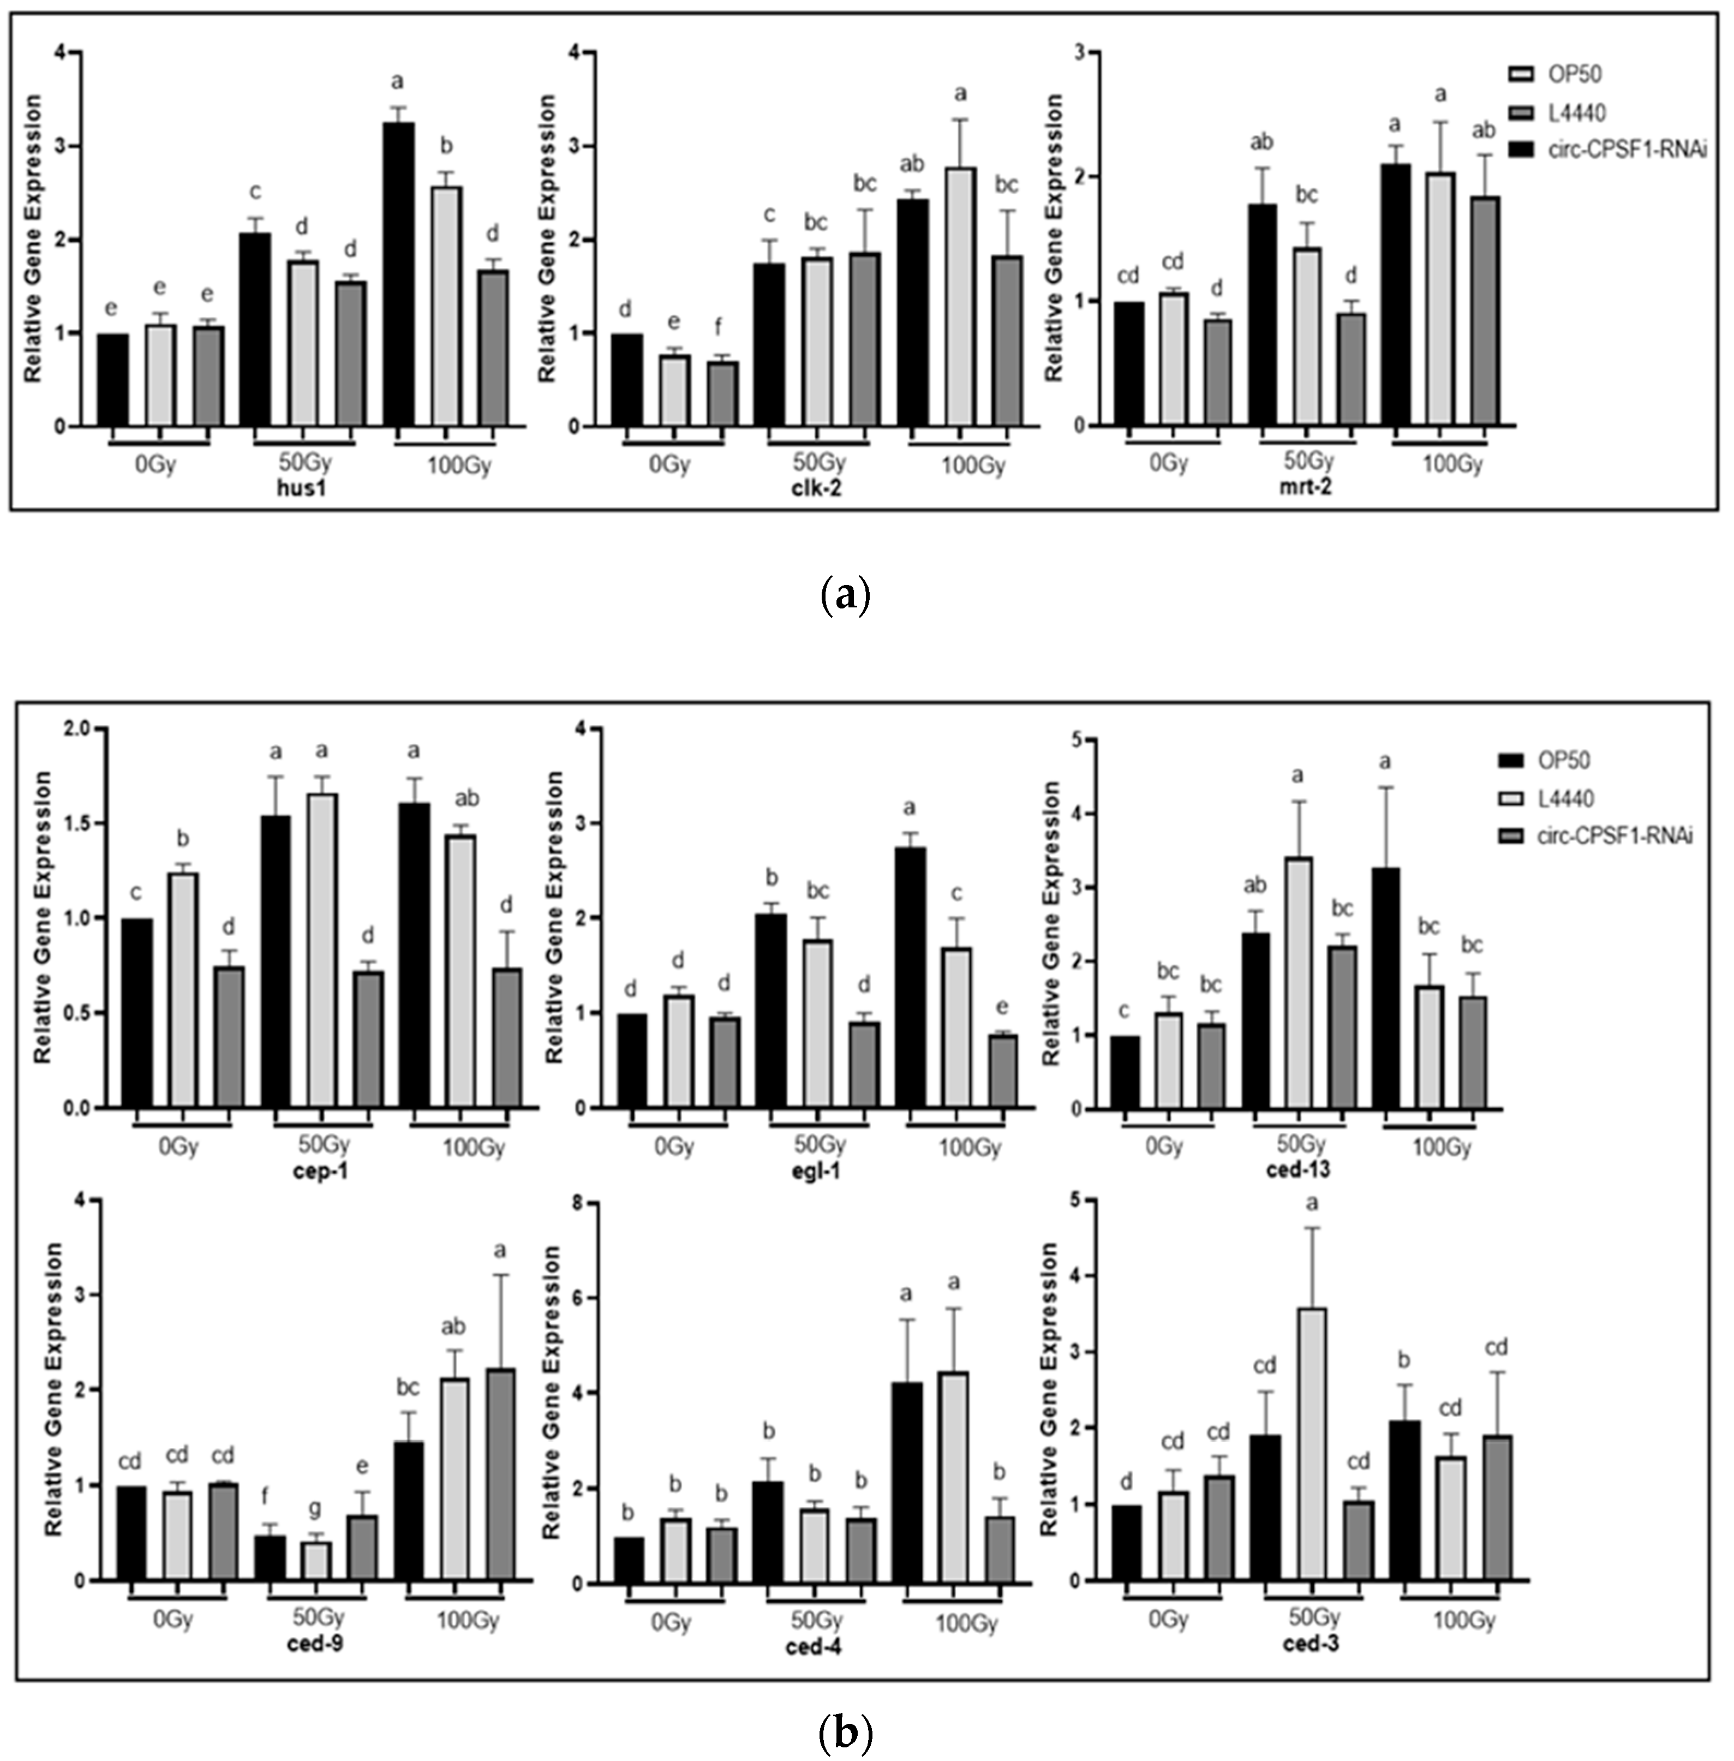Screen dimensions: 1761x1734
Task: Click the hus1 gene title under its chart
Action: click(302, 490)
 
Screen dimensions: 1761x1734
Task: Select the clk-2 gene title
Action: click(818, 490)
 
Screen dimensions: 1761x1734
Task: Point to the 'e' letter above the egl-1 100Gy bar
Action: click(1003, 1007)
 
